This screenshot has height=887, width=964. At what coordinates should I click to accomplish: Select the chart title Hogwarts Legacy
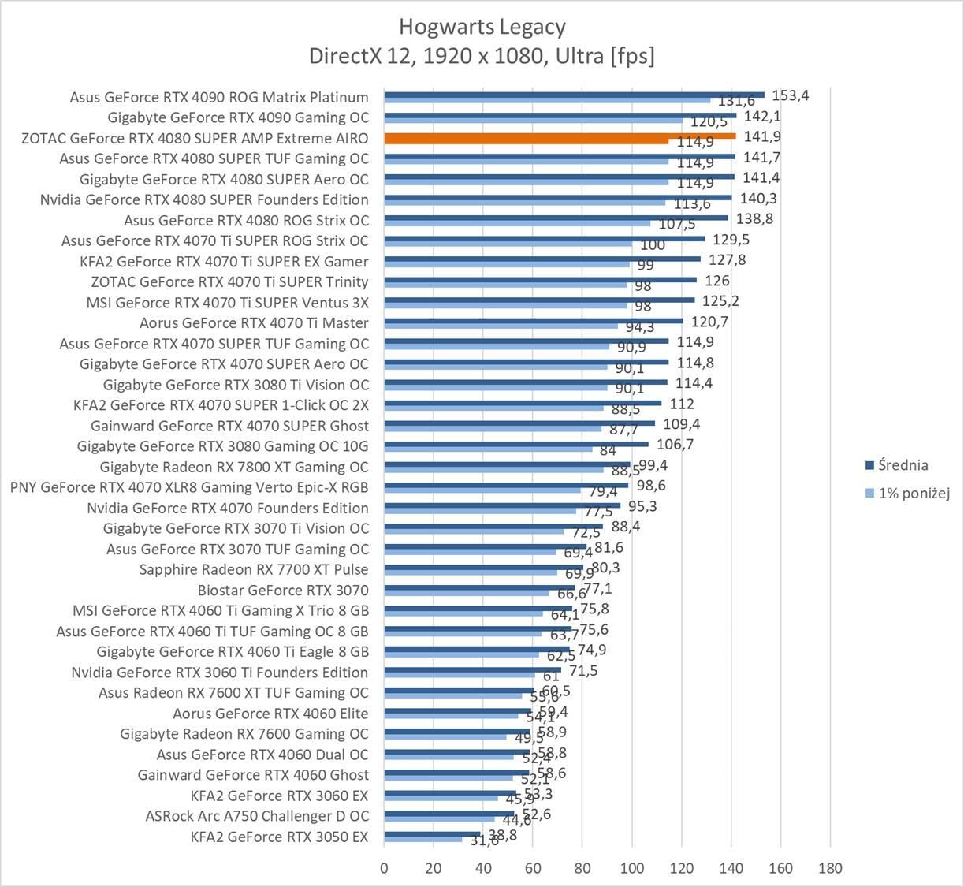pyautogui.click(x=482, y=27)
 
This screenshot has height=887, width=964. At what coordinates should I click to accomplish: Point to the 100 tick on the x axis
pyautogui.click(x=632, y=868)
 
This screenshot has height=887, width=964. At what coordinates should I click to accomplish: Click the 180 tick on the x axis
pyautogui.click(x=830, y=868)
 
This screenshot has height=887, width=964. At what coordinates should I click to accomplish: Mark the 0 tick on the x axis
pyautogui.click(x=384, y=868)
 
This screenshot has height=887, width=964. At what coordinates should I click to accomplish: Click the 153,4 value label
pyautogui.click(x=791, y=95)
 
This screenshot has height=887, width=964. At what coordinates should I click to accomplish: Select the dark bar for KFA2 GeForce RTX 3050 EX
pyautogui.click(x=432, y=833)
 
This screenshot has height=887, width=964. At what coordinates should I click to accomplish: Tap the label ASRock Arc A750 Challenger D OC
pyautogui.click(x=257, y=816)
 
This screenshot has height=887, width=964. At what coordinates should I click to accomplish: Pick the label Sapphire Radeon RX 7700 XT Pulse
pyautogui.click(x=254, y=569)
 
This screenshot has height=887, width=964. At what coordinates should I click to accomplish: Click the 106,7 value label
pyautogui.click(x=675, y=445)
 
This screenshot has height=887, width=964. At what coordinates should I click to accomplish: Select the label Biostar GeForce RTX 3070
pyautogui.click(x=283, y=590)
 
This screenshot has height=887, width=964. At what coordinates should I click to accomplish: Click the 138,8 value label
pyautogui.click(x=754, y=219)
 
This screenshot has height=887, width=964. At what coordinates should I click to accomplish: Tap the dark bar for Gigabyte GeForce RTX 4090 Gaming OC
pyautogui.click(x=560, y=115)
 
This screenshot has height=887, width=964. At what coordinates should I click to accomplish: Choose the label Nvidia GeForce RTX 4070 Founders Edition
pyautogui.click(x=228, y=508)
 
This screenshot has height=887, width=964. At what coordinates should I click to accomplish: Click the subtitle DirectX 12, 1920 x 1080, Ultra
pyautogui.click(x=482, y=56)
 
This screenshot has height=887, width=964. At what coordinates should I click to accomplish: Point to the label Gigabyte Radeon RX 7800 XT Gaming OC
pyautogui.click(x=234, y=467)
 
